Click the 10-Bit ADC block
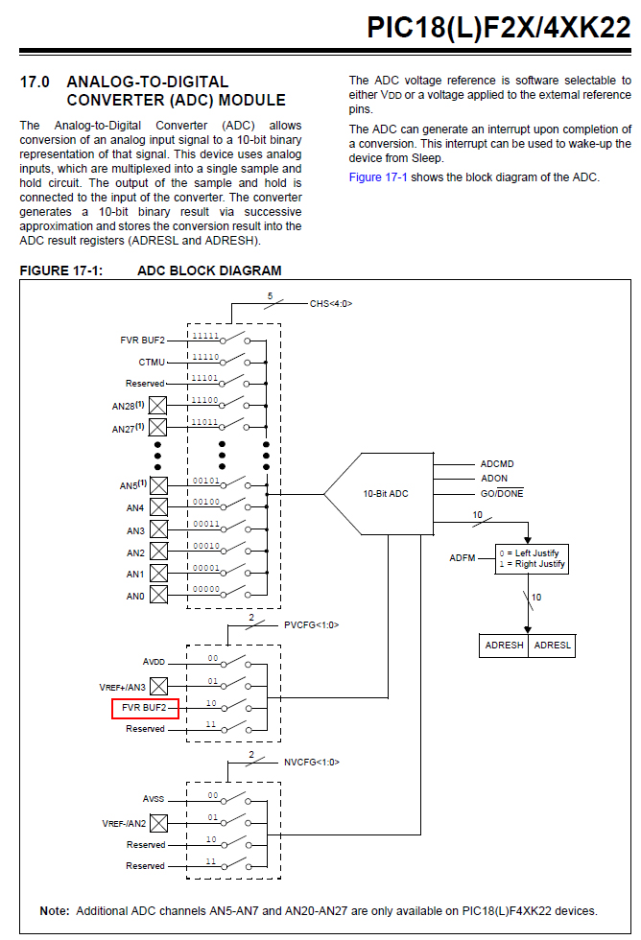(384, 494)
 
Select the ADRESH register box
(505, 646)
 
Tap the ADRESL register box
(552, 646)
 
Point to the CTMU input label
(152, 363)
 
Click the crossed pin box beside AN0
(158, 596)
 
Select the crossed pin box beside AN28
(158, 406)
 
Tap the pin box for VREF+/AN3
(158, 686)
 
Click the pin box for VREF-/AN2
(158, 824)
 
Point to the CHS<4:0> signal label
(331, 303)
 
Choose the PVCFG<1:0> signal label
(312, 624)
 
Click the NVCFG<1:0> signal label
(312, 763)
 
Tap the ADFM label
(463, 558)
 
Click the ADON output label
(494, 479)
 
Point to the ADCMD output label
(497, 464)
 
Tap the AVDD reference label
(154, 662)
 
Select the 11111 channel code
(204, 337)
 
